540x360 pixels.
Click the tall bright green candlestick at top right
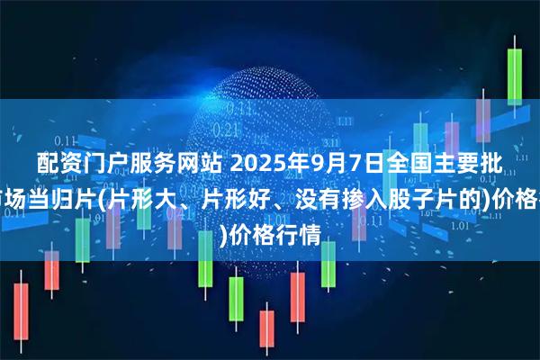(x=515, y=76)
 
